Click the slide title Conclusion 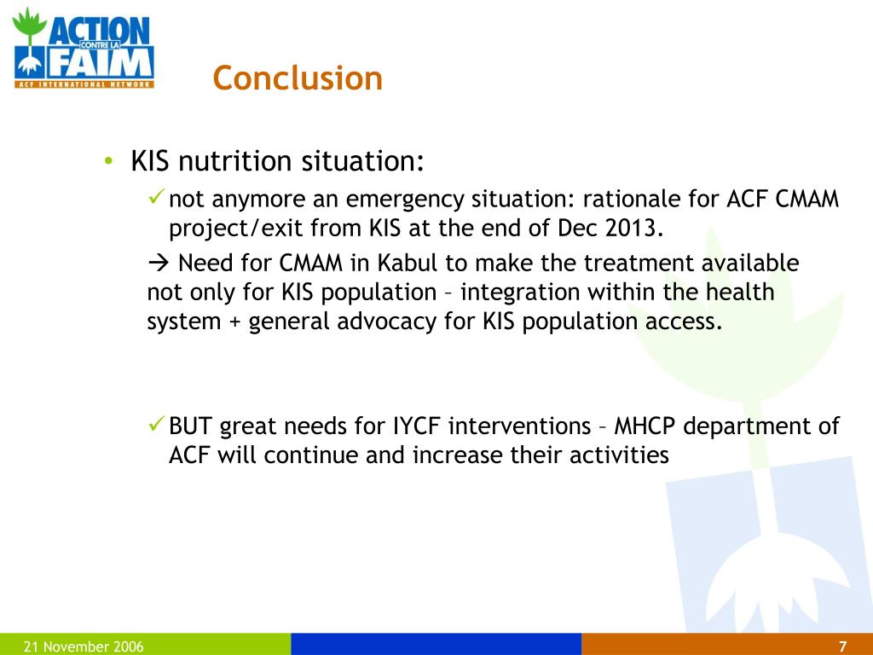298,78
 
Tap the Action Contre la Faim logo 84,48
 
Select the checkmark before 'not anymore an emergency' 156,199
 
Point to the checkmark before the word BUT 156,425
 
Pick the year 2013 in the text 633,229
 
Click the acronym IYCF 419,426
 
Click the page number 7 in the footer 842,646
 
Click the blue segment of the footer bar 436,645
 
